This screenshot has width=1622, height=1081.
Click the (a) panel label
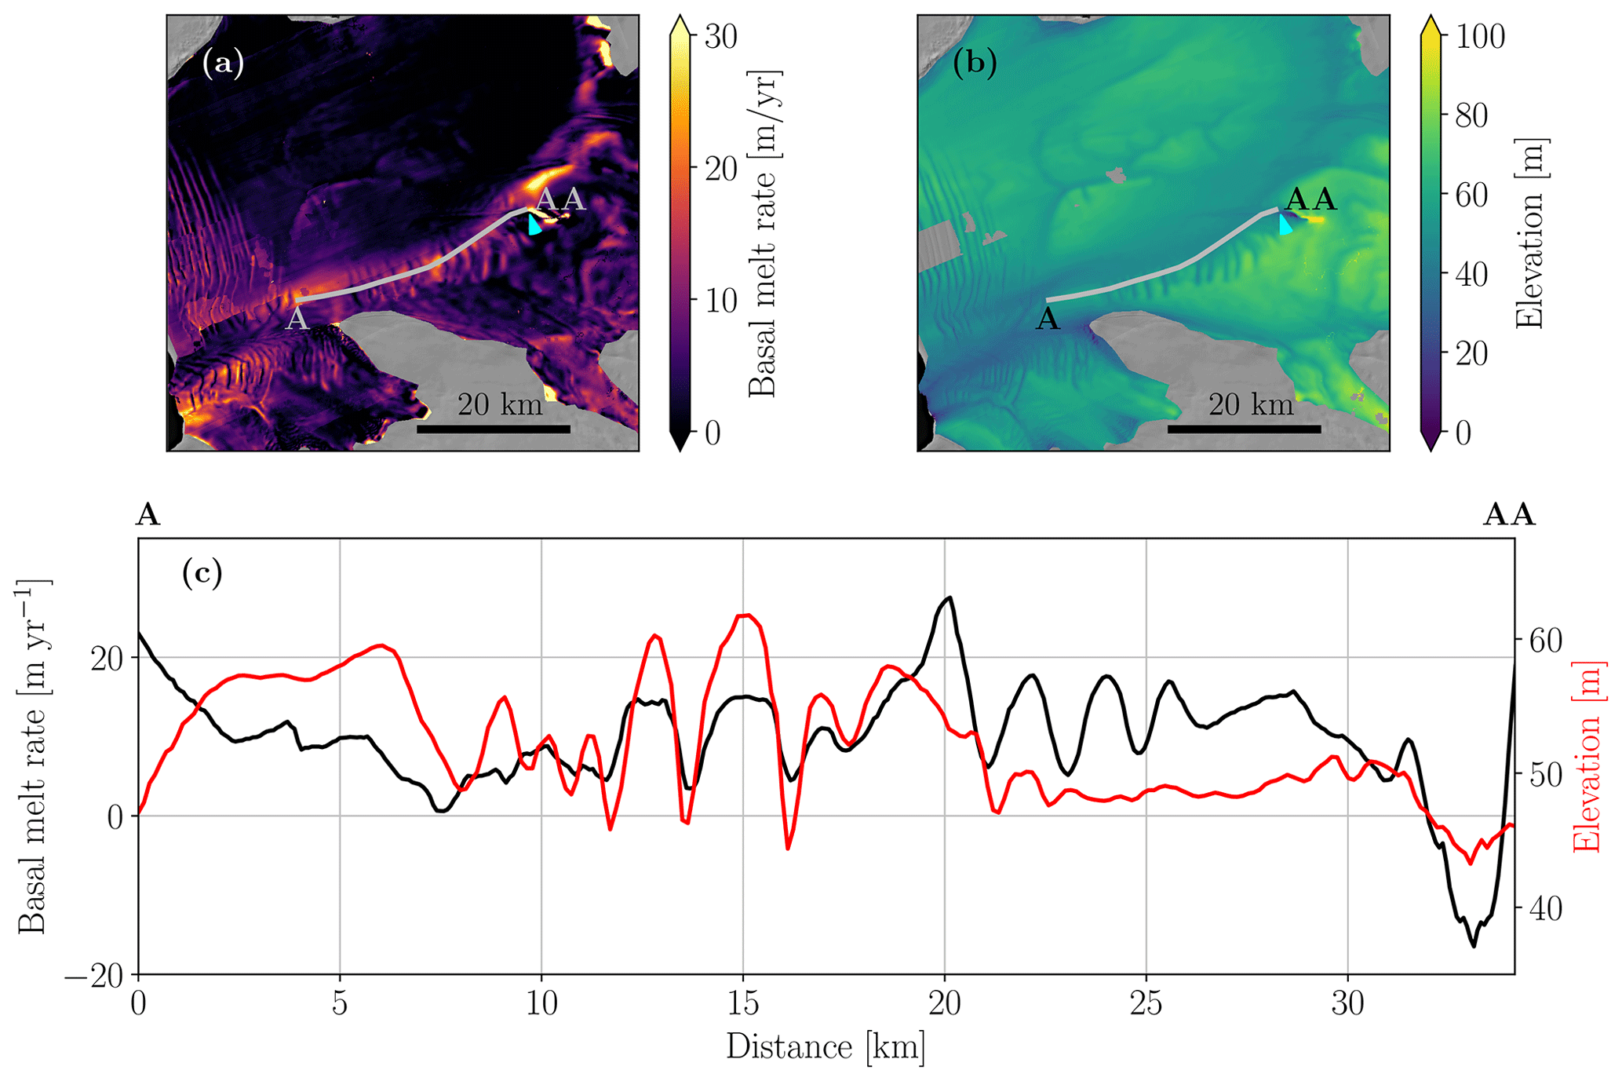(223, 63)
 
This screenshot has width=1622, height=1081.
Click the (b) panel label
(974, 63)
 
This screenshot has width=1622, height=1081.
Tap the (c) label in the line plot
(202, 573)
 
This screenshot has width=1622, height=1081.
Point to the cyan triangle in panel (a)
(534, 225)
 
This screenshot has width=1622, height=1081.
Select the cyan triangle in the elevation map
(1285, 225)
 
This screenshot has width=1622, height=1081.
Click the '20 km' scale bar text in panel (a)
(500, 405)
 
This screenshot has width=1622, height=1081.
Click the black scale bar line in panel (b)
(1244, 429)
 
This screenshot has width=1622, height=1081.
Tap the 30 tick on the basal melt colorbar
(720, 37)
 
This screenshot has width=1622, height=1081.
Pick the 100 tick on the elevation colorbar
(1480, 37)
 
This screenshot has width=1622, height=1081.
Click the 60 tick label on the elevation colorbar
(1471, 195)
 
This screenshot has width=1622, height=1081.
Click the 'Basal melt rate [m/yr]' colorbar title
(763, 233)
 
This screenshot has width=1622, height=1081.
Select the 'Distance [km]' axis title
(826, 1047)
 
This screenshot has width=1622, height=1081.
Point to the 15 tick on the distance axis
(742, 1004)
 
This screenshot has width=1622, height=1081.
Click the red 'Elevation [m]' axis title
(1587, 756)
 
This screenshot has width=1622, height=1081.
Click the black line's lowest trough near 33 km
(1474, 946)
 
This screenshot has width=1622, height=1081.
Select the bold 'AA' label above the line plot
(1508, 516)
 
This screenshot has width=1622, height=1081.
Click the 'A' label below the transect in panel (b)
(1048, 320)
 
